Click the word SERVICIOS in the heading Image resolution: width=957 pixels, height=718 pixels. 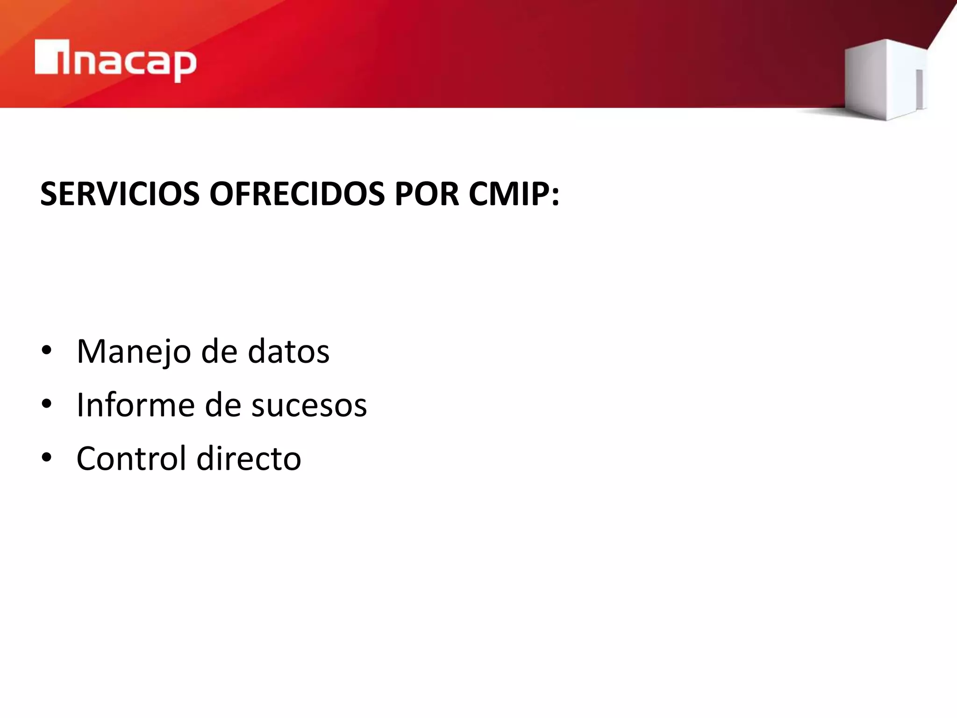[x=120, y=194]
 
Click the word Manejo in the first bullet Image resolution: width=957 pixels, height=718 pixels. [x=134, y=352]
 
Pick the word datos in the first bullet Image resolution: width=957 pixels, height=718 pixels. [x=288, y=352]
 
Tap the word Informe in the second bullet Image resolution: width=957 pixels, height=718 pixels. [x=135, y=405]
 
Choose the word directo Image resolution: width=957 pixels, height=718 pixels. [x=249, y=458]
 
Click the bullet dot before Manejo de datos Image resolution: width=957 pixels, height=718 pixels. [x=46, y=351]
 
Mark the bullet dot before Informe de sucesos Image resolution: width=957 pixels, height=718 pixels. [x=46, y=404]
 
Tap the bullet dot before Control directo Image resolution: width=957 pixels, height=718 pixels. [x=46, y=458]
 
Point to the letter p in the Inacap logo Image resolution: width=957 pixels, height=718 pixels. [x=185, y=65]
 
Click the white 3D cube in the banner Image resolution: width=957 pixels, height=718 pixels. [x=883, y=79]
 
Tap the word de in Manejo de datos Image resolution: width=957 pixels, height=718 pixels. [x=219, y=352]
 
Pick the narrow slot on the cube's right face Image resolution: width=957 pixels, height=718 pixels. [x=919, y=89]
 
